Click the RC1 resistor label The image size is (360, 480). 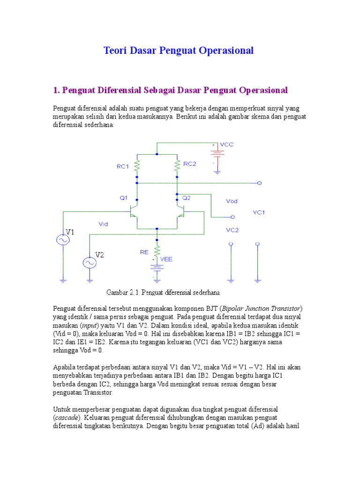123,166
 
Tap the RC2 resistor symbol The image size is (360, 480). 177,165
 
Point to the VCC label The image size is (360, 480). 227,144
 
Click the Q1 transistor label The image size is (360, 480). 123,198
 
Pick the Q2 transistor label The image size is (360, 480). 187,198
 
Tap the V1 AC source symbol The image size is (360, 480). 62,240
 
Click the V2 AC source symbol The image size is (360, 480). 90,263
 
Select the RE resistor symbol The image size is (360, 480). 157,250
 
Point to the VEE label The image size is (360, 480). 166,259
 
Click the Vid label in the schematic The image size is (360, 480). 104,224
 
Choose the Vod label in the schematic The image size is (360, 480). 232,201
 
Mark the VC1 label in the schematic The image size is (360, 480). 259,212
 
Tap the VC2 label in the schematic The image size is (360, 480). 232,230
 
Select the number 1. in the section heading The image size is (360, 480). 56,90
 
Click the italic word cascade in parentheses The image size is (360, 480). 68,417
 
